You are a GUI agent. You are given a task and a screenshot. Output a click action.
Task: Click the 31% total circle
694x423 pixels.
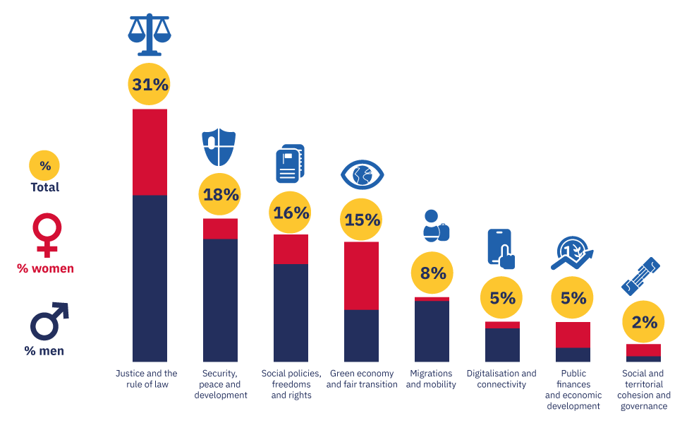point(150,85)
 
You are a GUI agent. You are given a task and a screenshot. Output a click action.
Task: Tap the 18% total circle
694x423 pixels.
point(221,195)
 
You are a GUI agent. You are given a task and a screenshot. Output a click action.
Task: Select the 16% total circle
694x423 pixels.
point(291,213)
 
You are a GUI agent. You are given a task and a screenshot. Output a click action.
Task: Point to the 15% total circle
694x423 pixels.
point(362,220)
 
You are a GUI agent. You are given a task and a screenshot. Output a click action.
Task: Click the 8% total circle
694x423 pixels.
point(432,273)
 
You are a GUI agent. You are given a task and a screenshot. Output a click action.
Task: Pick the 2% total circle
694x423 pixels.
point(644,323)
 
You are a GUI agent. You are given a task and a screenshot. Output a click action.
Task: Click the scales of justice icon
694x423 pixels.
point(150,35)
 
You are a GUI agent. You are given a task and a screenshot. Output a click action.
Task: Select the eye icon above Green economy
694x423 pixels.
point(362,174)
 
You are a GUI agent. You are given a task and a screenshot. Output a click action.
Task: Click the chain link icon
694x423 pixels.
point(640,275)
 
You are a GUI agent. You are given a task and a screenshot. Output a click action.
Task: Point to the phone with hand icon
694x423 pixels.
point(501,249)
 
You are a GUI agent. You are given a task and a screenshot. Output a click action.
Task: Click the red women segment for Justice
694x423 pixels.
point(150,152)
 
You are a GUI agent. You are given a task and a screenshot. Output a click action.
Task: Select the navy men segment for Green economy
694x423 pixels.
point(362,335)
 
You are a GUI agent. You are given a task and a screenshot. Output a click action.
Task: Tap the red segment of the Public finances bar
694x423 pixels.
point(573,335)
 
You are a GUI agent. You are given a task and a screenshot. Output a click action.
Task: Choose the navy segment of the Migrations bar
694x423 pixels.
point(432,331)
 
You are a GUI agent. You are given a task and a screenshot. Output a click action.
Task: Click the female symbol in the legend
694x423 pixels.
point(47,235)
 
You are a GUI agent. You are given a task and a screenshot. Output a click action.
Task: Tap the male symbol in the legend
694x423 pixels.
point(48,321)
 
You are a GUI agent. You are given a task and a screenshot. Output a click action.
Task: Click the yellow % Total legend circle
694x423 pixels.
point(44,167)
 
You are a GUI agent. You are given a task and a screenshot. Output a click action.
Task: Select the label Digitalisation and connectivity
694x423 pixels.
point(501,379)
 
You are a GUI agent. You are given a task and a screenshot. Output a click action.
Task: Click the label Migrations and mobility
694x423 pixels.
point(431,379)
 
